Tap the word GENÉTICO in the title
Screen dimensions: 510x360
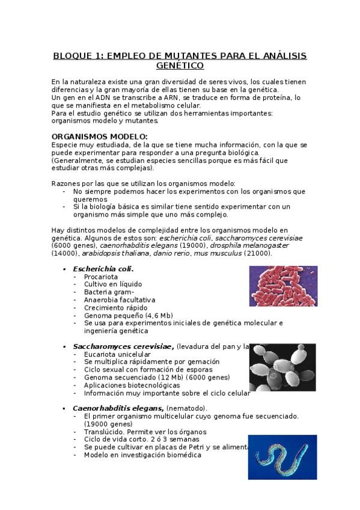coord(180,65)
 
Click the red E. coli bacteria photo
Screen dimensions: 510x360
coord(282,286)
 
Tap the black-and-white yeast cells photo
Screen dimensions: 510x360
coord(282,367)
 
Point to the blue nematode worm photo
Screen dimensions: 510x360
coord(282,457)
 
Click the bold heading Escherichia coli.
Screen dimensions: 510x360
coord(103,269)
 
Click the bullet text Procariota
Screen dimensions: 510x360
coord(100,277)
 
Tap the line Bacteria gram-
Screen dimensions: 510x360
coord(109,292)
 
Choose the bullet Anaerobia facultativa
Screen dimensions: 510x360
coord(120,300)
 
